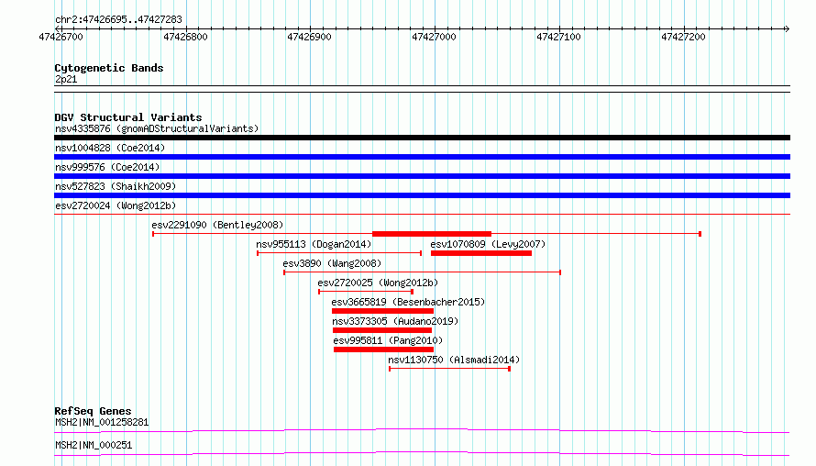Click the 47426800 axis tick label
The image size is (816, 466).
click(x=185, y=37)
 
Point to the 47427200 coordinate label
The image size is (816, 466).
click(x=683, y=37)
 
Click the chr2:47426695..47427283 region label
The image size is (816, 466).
click(x=118, y=20)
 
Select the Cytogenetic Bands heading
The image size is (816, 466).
click(x=109, y=68)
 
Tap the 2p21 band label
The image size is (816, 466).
click(x=66, y=79)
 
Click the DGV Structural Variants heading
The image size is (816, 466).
click(x=128, y=117)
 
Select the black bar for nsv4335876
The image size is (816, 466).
click(x=422, y=138)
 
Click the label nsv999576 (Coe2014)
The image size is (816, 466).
click(x=107, y=167)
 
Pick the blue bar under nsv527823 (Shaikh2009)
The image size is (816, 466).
click(x=422, y=195)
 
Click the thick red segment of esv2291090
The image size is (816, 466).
click(x=432, y=234)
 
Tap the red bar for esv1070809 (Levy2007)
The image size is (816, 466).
click(x=481, y=253)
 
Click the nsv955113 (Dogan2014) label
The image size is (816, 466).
click(x=314, y=244)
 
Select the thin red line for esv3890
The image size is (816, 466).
click(x=422, y=272)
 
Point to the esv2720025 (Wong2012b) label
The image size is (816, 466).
click(x=378, y=283)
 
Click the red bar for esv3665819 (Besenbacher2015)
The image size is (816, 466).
click(x=382, y=311)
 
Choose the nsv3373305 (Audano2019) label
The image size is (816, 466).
click(x=395, y=321)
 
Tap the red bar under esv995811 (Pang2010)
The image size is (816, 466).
click(x=383, y=349)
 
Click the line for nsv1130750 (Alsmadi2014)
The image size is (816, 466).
click(x=449, y=369)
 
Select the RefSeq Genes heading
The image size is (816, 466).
click(x=93, y=411)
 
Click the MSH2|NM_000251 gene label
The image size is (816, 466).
click(x=94, y=445)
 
